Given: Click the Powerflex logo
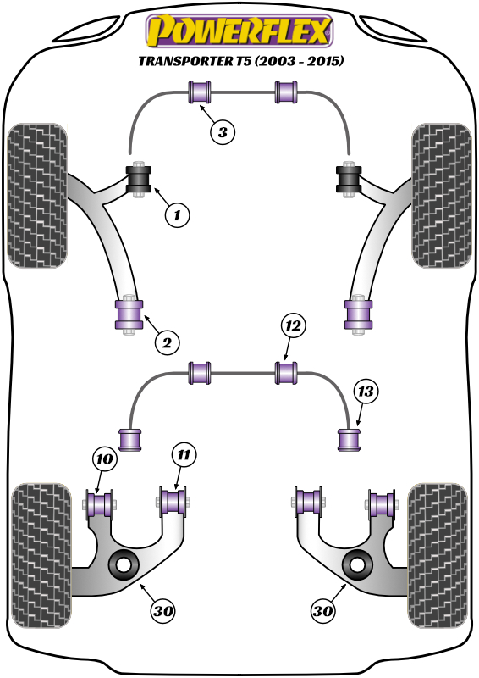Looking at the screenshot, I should (239, 32).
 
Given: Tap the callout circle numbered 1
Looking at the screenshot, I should (177, 216).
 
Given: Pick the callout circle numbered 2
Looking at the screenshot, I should (167, 342).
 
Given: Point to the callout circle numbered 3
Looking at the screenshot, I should (222, 132).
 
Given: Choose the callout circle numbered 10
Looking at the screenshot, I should (104, 460).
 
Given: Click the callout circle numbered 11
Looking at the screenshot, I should (185, 456).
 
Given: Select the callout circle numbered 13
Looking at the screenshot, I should (366, 392).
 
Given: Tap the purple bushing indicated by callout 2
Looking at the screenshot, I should (129, 314).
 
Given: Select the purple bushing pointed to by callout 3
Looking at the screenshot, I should (201, 90).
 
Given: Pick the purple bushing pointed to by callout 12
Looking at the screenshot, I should (286, 371).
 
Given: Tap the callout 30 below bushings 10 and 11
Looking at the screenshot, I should (164, 610).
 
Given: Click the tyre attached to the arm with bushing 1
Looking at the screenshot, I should (36, 195).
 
